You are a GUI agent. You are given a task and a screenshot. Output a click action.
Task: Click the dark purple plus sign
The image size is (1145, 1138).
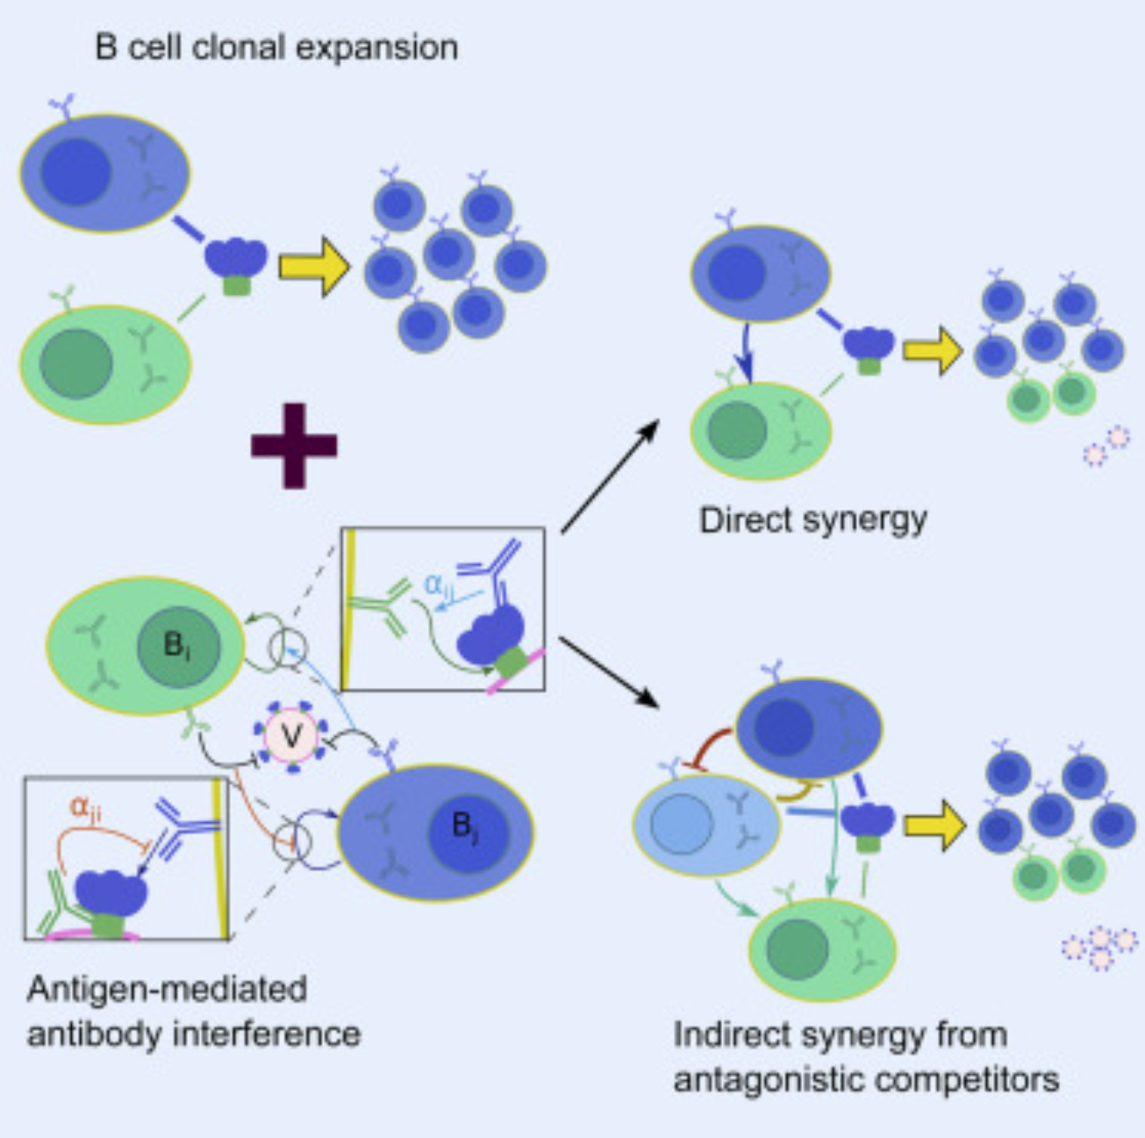pos(294,445)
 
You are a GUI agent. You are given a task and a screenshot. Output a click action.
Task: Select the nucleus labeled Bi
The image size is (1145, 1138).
pos(177,648)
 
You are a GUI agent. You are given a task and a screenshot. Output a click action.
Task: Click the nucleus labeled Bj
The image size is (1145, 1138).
pos(466,826)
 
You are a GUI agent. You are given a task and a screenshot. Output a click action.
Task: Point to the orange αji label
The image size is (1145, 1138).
pos(85,807)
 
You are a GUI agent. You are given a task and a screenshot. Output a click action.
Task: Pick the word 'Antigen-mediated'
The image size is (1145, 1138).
pos(167,990)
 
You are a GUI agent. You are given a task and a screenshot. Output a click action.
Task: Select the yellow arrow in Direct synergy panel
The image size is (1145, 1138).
pos(933,350)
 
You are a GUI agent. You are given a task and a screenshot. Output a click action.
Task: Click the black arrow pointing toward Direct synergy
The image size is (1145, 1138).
pos(610,476)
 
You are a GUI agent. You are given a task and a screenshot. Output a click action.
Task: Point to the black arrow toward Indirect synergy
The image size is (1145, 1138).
pos(608,671)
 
